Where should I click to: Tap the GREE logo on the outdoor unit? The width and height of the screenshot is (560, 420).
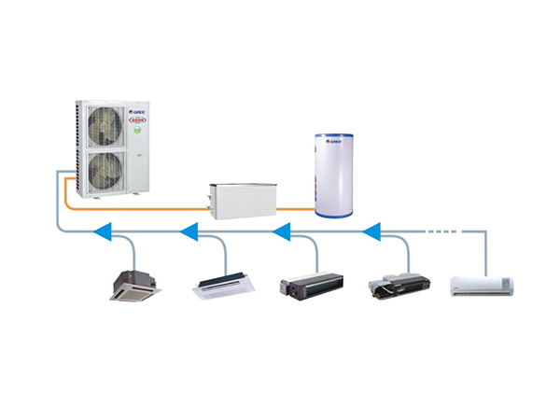(x=133, y=106)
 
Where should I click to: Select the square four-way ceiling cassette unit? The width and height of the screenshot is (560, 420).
(x=136, y=286)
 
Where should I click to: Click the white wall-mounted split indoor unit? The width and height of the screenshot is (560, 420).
(x=483, y=284)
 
